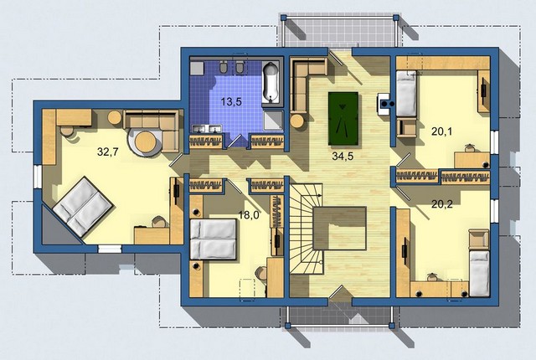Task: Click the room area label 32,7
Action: [108, 152]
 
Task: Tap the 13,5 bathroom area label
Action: [231, 101]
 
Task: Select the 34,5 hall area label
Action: [343, 156]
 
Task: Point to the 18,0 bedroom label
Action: [249, 215]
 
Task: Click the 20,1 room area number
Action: [441, 131]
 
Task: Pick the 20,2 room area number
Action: [442, 204]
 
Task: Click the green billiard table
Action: [343, 119]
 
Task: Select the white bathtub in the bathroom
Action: [272, 82]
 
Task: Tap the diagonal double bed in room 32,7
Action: [82, 206]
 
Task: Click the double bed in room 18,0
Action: [214, 239]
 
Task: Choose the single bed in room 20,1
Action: [406, 93]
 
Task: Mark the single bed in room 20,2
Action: [479, 273]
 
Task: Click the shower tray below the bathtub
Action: [273, 120]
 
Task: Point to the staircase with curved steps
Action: [307, 229]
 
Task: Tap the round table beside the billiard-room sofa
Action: [297, 121]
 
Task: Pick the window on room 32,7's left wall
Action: [37, 177]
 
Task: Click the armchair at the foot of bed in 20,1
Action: [406, 127]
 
